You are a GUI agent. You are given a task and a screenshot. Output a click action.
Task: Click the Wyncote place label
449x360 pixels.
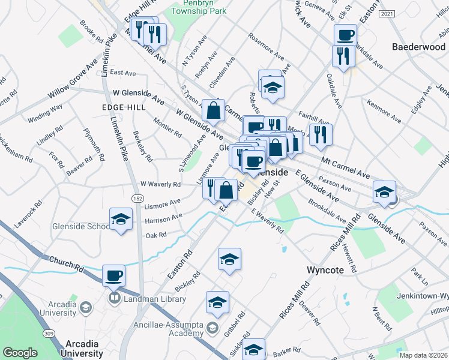click(x=325, y=270)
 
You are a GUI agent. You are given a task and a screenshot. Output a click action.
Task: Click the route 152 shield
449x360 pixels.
click(x=138, y=198)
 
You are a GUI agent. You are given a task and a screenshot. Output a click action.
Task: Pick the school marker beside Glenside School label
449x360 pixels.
click(x=121, y=220)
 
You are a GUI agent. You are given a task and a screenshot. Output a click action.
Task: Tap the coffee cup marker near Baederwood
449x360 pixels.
click(x=345, y=35)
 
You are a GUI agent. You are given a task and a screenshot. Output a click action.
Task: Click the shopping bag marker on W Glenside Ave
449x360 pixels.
click(x=213, y=110)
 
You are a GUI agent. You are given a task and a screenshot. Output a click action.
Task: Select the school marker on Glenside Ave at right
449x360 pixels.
click(x=384, y=192)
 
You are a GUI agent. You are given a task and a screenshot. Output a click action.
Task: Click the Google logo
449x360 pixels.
click(x=20, y=353)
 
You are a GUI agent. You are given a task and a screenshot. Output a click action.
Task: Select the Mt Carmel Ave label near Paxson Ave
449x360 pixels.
click(x=346, y=168)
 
